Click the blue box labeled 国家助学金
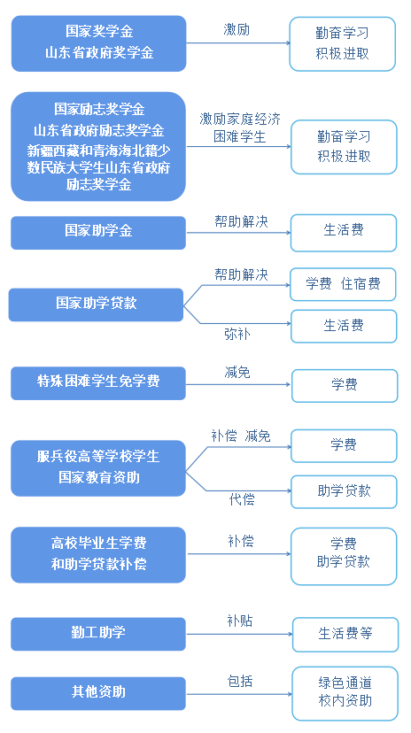(98, 232)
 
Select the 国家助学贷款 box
(96, 305)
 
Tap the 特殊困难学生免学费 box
(98, 383)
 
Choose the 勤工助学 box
(98, 634)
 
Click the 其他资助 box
(98, 693)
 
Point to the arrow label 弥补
(237, 335)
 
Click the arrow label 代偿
(242, 499)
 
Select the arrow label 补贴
(240, 621)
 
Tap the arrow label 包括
(240, 681)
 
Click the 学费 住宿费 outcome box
(343, 284)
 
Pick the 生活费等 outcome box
(345, 635)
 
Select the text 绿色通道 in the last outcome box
(345, 683)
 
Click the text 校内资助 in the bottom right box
(345, 701)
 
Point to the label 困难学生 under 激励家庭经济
(240, 136)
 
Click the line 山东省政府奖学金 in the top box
(99, 52)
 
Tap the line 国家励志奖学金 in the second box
(99, 110)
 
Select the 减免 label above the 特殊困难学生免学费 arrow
(237, 372)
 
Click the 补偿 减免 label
(241, 436)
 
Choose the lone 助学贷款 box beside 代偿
(344, 492)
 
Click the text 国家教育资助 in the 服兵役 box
(99, 477)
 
